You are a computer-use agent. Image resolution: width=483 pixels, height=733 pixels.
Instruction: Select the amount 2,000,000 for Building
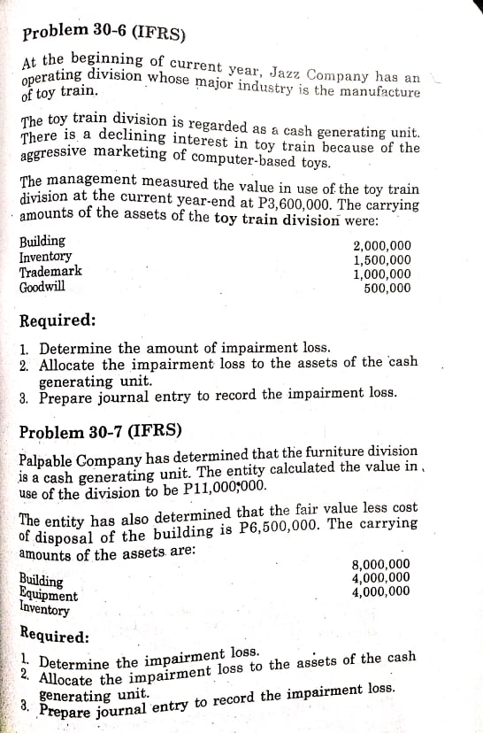point(381,246)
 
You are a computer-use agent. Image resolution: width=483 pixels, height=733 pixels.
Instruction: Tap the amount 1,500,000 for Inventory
point(381,260)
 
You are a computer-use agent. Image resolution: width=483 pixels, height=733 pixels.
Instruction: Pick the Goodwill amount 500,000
point(387,288)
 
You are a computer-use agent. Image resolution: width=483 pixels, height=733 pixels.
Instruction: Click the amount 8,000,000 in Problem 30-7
point(381,564)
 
